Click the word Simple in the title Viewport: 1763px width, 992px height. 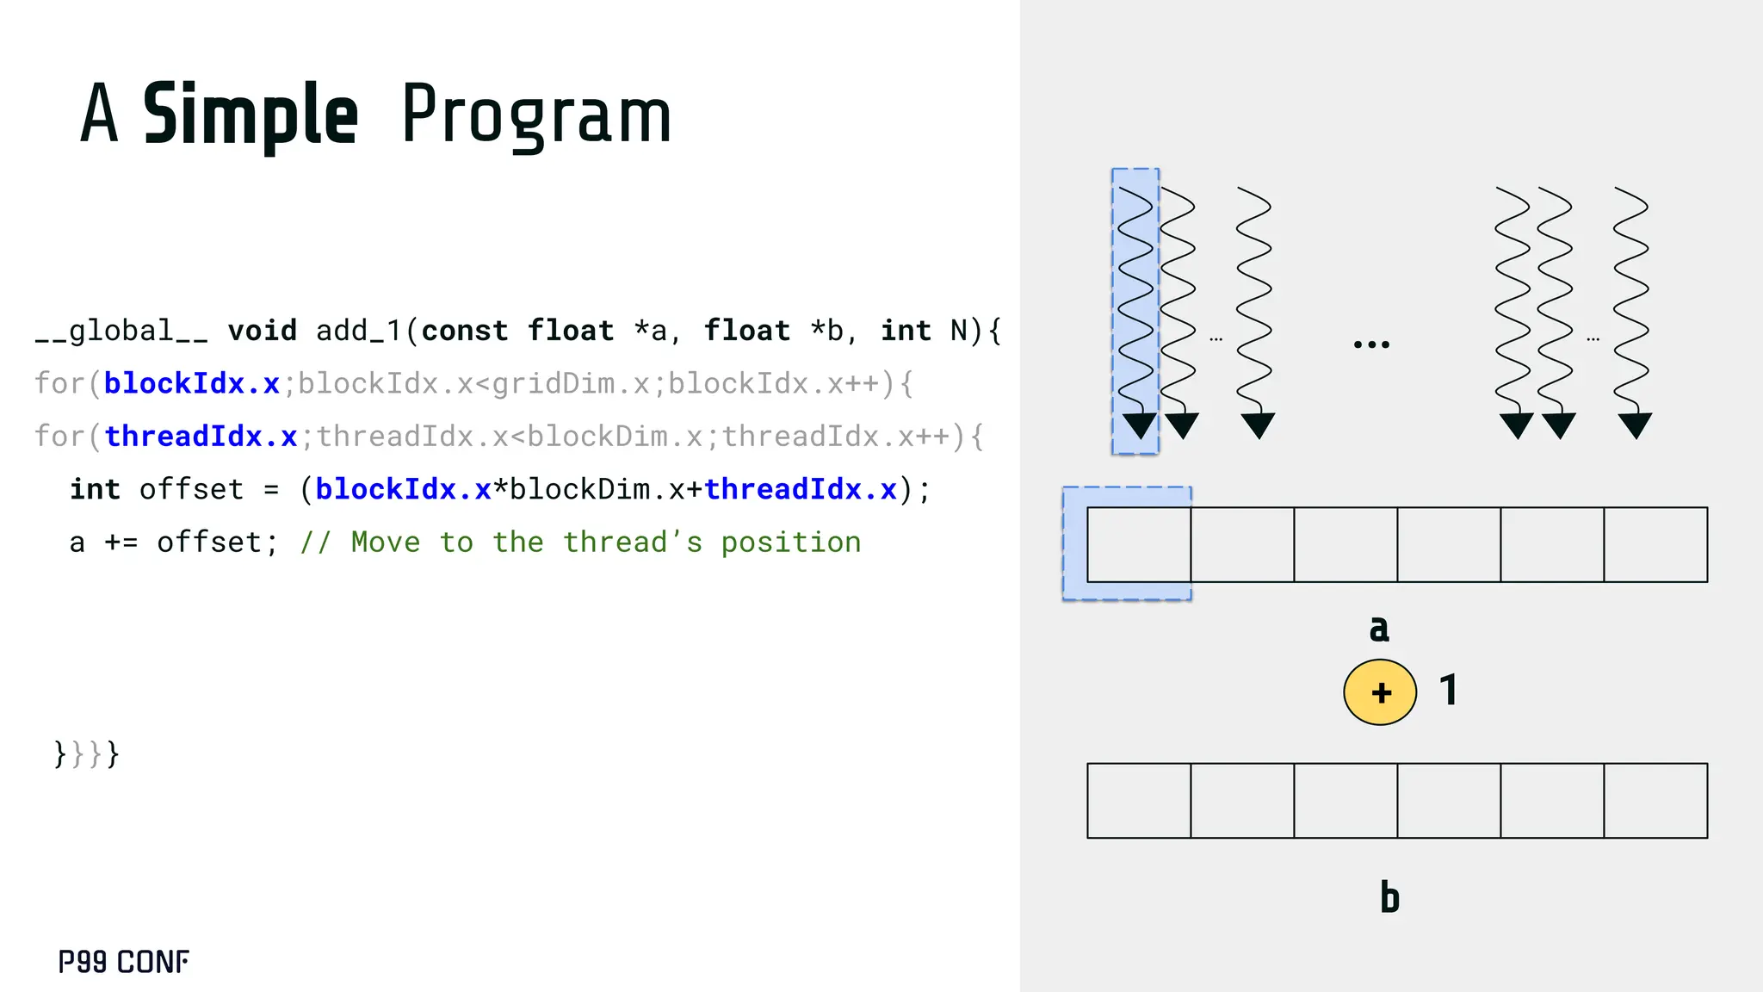pos(250,115)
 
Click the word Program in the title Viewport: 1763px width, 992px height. pos(535,115)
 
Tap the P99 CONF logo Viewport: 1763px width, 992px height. pos(124,961)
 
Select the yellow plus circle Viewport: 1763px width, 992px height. pos(1380,692)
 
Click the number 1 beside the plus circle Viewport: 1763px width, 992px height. pos(1450,691)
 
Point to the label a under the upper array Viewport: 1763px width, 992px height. pos(1379,629)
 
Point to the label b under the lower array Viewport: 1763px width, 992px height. pos(1389,897)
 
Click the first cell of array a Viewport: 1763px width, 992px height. pos(1139,544)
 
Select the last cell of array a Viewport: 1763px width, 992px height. pos(1655,544)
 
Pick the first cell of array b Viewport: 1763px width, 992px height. pos(1139,800)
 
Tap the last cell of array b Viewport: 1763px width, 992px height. pos(1655,800)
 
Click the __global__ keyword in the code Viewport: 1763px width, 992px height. pos(121,331)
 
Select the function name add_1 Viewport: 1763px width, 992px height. pos(359,331)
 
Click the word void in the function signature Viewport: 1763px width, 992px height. pos(263,331)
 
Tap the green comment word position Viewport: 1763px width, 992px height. pos(790,542)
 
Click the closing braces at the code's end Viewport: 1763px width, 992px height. pos(86,754)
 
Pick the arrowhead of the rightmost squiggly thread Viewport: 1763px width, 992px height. pos(1635,425)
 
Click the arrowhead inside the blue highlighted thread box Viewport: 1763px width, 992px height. pos(1140,425)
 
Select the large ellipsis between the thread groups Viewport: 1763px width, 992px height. pos(1371,344)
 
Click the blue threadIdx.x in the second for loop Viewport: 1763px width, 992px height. pos(201,437)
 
